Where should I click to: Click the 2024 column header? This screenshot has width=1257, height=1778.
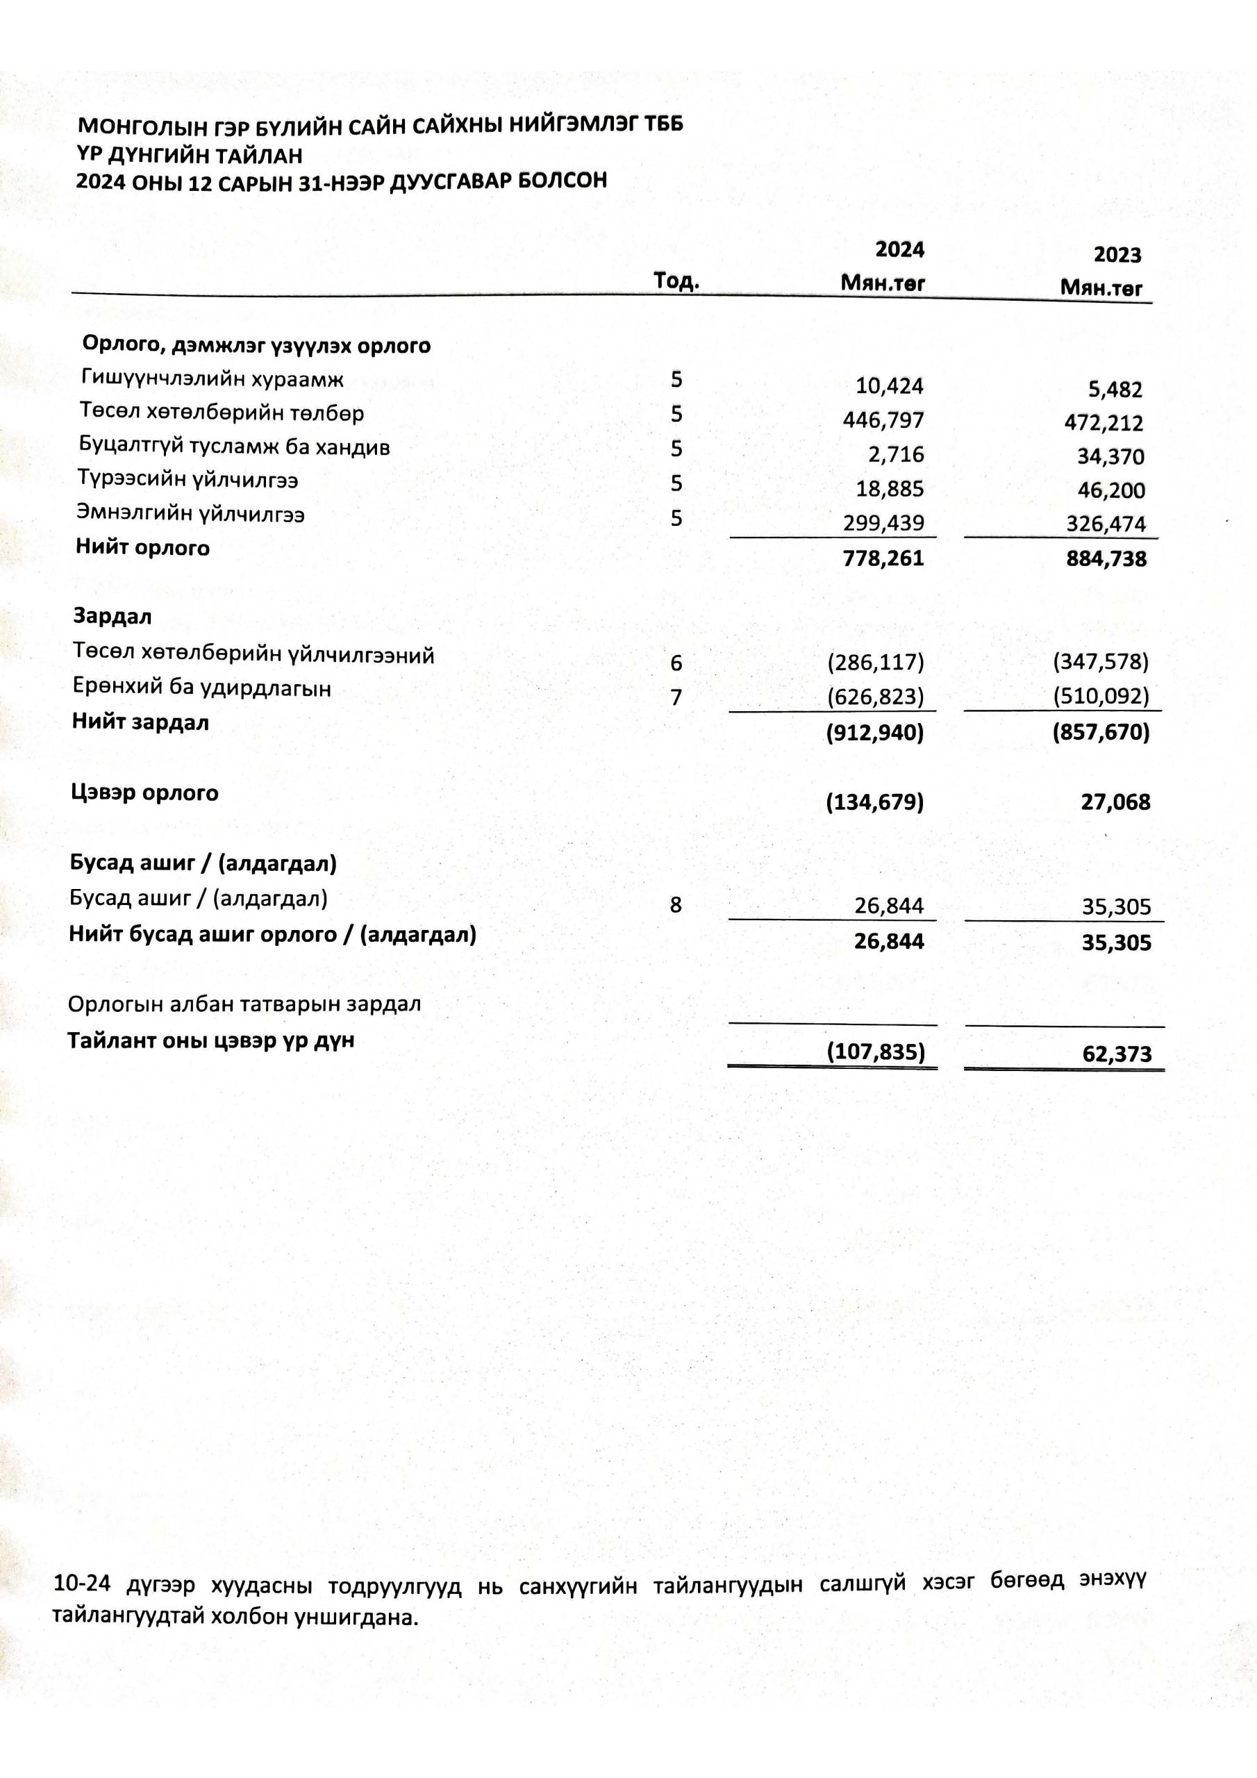899,249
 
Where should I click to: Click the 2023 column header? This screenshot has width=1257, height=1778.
1117,255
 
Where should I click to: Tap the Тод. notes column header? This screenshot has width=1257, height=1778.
676,281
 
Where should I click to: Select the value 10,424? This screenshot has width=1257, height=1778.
889,385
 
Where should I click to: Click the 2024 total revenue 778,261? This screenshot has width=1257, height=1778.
883,558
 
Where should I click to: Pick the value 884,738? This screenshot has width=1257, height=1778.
1106,559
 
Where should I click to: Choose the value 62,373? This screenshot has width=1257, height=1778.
1117,1054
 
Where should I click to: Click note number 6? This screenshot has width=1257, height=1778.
676,663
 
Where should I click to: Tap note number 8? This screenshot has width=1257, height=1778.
675,904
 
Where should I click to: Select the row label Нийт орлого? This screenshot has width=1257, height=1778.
142,547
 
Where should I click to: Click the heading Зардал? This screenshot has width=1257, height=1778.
113,617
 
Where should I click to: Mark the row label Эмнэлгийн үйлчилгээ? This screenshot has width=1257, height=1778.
190,513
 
